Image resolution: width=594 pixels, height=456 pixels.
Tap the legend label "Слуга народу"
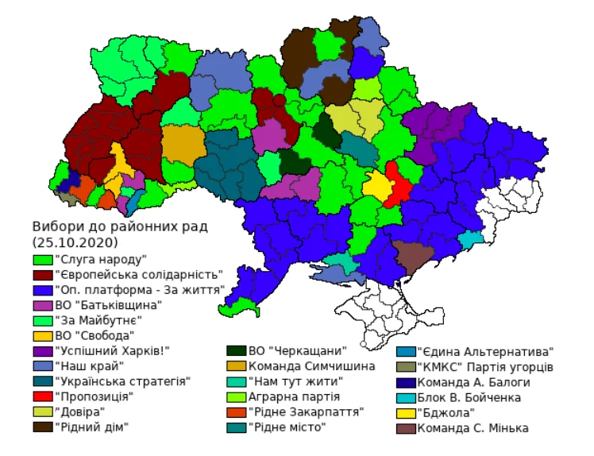(x=102, y=258)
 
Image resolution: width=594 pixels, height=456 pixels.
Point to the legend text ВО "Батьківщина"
(x=109, y=304)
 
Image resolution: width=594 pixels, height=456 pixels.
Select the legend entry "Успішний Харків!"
(x=111, y=350)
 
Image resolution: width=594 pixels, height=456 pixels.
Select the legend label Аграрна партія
(x=295, y=396)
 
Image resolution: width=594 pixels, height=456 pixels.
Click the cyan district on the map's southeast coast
(x=470, y=238)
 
